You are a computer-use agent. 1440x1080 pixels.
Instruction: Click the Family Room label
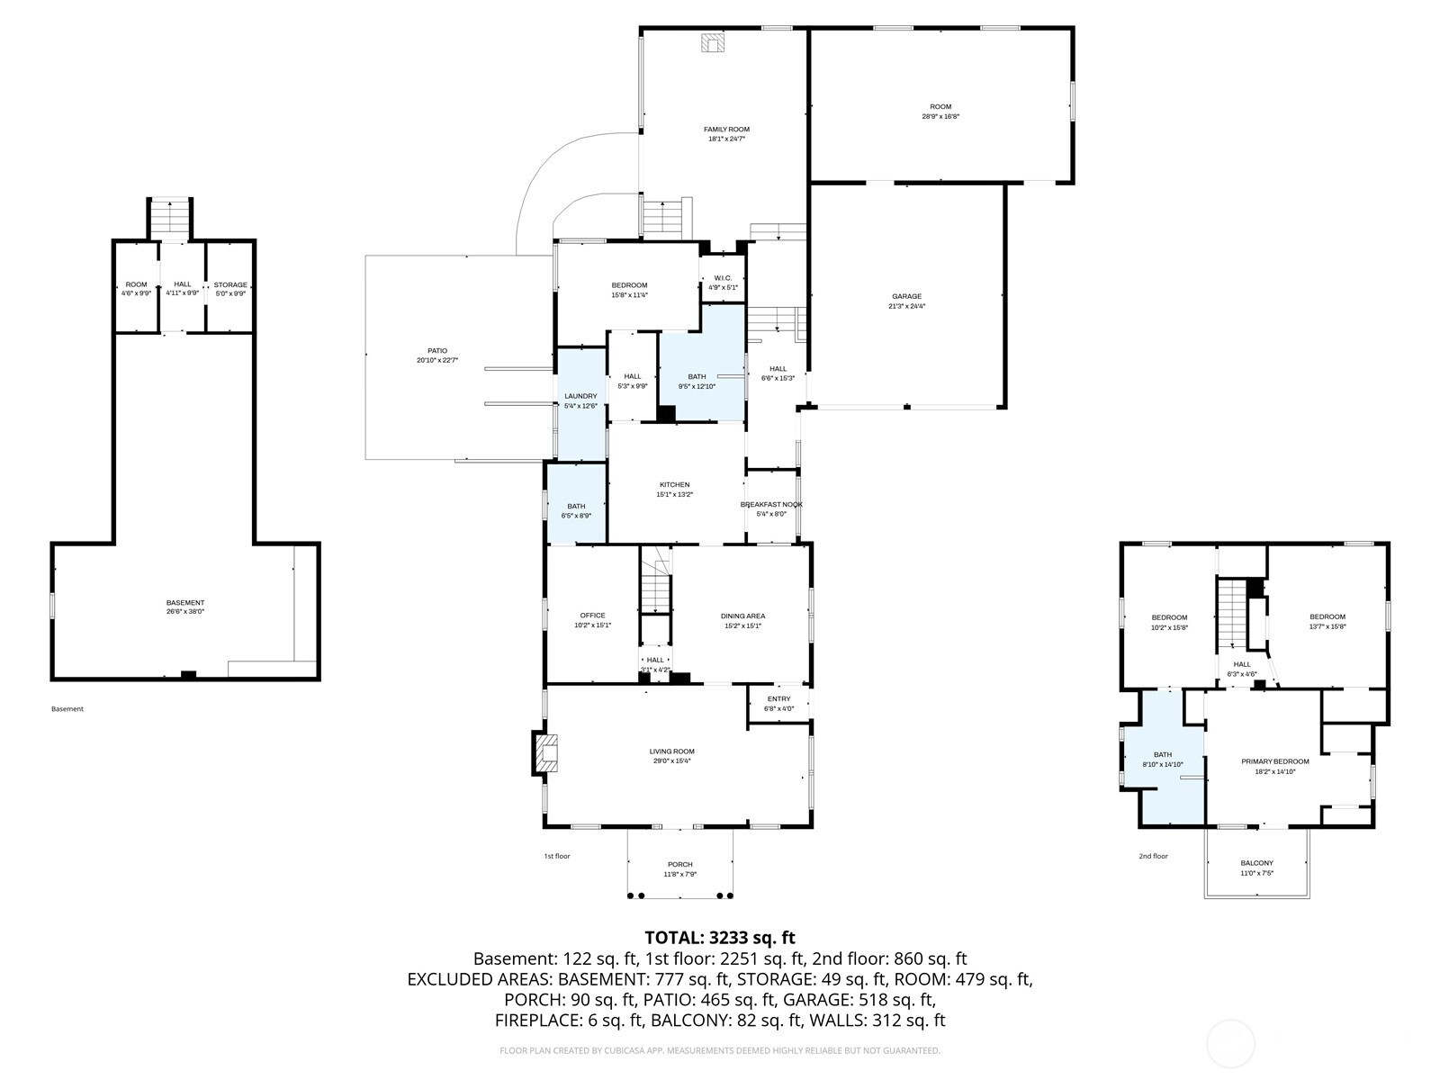(x=726, y=130)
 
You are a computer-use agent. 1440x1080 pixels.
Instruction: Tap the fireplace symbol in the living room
(x=546, y=752)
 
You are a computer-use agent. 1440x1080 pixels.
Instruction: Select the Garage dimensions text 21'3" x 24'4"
(x=906, y=306)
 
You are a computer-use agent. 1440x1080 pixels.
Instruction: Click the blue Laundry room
(x=580, y=401)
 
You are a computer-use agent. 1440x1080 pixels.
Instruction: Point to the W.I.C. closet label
(x=723, y=278)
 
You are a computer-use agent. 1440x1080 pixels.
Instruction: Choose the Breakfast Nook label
(x=771, y=505)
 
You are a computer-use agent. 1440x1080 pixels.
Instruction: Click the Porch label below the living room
(x=680, y=865)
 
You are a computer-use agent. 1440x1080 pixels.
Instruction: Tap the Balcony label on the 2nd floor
(x=1256, y=863)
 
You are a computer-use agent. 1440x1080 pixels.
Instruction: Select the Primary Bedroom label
(x=1274, y=761)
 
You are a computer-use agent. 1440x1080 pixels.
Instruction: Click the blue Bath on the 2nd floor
(x=1163, y=760)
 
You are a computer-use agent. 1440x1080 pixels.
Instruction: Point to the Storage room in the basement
(x=230, y=288)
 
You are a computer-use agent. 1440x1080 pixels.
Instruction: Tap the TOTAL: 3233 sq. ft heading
(x=720, y=938)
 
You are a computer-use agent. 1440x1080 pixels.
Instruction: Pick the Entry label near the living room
(x=778, y=699)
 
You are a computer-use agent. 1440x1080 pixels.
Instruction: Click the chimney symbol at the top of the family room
(x=713, y=44)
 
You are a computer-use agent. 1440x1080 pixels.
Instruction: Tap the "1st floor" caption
(x=557, y=856)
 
